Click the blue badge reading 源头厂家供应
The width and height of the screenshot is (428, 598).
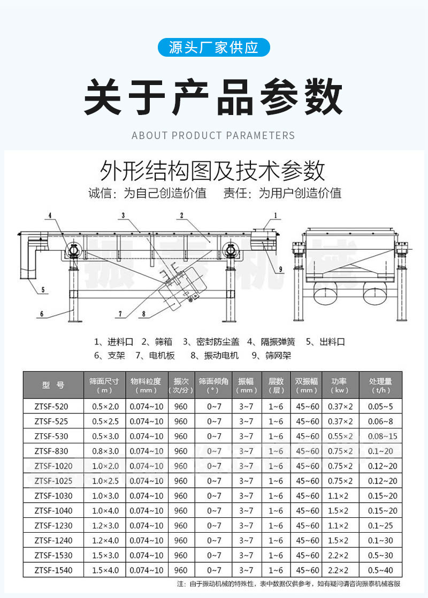pos(213,48)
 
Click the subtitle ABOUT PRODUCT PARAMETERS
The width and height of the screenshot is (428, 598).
pos(213,135)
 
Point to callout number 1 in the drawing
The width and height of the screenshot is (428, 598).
pos(276,216)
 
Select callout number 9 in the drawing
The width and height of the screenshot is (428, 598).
pos(280,269)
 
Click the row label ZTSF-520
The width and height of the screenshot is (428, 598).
pos(51,407)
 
